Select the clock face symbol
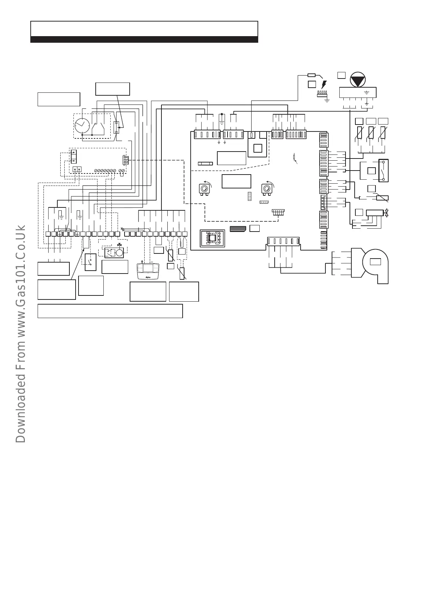[81, 126]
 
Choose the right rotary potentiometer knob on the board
[266, 188]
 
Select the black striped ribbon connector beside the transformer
[237, 229]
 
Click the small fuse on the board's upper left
[205, 163]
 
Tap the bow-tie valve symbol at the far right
[386, 213]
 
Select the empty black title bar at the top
[144, 39]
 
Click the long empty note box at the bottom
[110, 311]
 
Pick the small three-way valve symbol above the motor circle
[119, 245]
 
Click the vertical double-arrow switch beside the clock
[117, 127]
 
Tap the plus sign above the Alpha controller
[141, 262]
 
